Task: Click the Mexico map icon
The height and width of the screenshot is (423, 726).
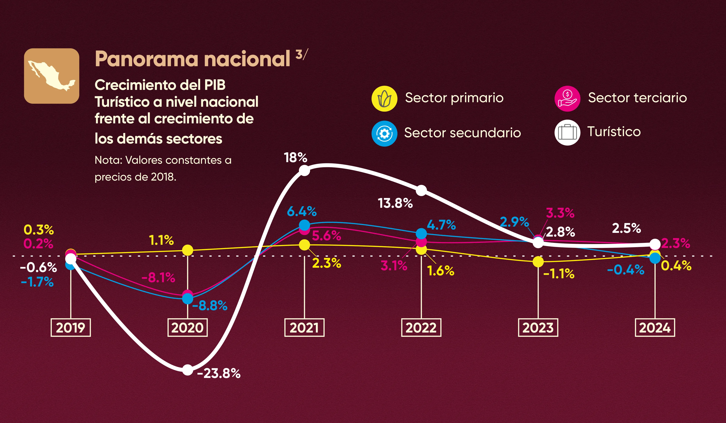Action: click(51, 76)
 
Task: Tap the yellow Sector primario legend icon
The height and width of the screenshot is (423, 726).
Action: click(384, 99)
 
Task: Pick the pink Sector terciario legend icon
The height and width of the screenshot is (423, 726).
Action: click(567, 99)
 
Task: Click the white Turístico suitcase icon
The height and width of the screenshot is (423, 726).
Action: click(567, 133)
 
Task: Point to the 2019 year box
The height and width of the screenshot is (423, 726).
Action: click(71, 328)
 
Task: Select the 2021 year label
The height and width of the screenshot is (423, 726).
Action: click(304, 328)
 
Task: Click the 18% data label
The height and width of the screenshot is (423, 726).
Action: click(295, 158)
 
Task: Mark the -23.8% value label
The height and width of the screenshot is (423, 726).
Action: click(219, 373)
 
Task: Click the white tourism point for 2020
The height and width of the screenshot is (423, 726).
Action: click(188, 370)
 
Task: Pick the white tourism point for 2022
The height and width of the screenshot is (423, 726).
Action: click(421, 191)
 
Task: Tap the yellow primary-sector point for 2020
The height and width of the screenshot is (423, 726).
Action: click(188, 250)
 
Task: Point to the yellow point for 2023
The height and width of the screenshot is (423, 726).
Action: click(538, 262)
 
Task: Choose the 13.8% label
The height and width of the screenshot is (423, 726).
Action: click(395, 203)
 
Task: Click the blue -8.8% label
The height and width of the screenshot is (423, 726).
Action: click(210, 305)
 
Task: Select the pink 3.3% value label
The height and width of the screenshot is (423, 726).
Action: click(560, 213)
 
